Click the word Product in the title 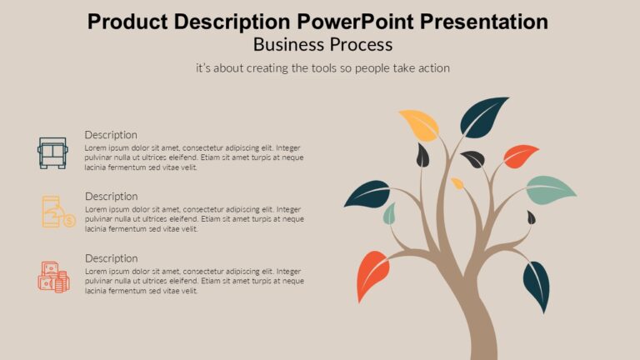click(x=123, y=22)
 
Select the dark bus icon click(x=52, y=152)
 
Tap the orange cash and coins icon click(x=53, y=276)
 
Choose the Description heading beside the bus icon click(x=111, y=135)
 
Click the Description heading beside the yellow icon click(x=111, y=197)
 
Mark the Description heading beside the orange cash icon click(x=111, y=258)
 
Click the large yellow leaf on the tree click(x=420, y=124)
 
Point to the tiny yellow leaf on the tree click(x=457, y=182)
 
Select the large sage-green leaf click(x=551, y=189)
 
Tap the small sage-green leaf click(x=389, y=214)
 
